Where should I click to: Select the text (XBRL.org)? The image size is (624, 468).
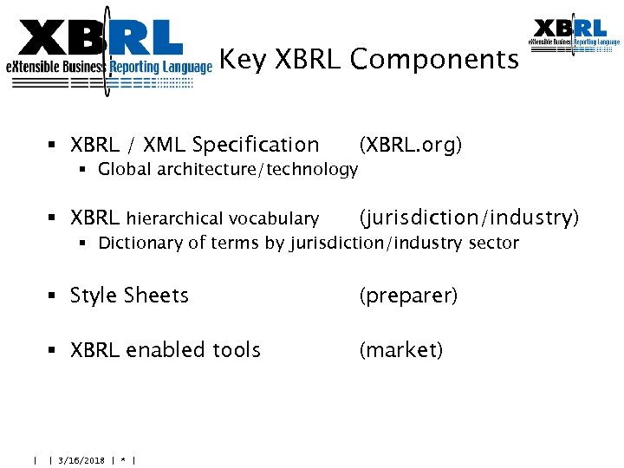click(x=411, y=145)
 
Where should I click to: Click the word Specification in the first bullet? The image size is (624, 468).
click(x=256, y=145)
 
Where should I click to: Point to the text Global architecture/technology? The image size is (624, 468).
click(x=228, y=170)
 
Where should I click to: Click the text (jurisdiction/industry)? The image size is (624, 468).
click(x=469, y=218)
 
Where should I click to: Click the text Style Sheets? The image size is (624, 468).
click(x=129, y=296)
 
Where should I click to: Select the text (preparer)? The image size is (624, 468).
click(x=408, y=296)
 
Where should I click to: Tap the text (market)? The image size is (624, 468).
click(x=401, y=350)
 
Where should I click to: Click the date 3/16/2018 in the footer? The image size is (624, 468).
click(x=80, y=460)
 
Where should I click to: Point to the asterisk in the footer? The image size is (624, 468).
click(x=124, y=460)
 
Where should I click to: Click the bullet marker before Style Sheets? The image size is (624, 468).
click(x=54, y=296)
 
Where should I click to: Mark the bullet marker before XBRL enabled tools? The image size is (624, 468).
click(x=54, y=351)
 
